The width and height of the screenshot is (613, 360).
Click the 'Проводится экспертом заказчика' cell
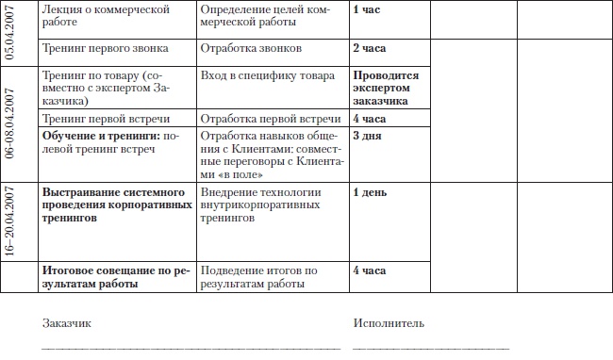pos(387,87)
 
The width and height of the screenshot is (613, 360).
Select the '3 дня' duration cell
pos(367,136)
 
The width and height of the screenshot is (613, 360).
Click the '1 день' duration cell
pos(370,192)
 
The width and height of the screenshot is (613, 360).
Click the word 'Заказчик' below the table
pos(66,323)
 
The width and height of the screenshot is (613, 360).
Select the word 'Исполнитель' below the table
pos(388,323)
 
